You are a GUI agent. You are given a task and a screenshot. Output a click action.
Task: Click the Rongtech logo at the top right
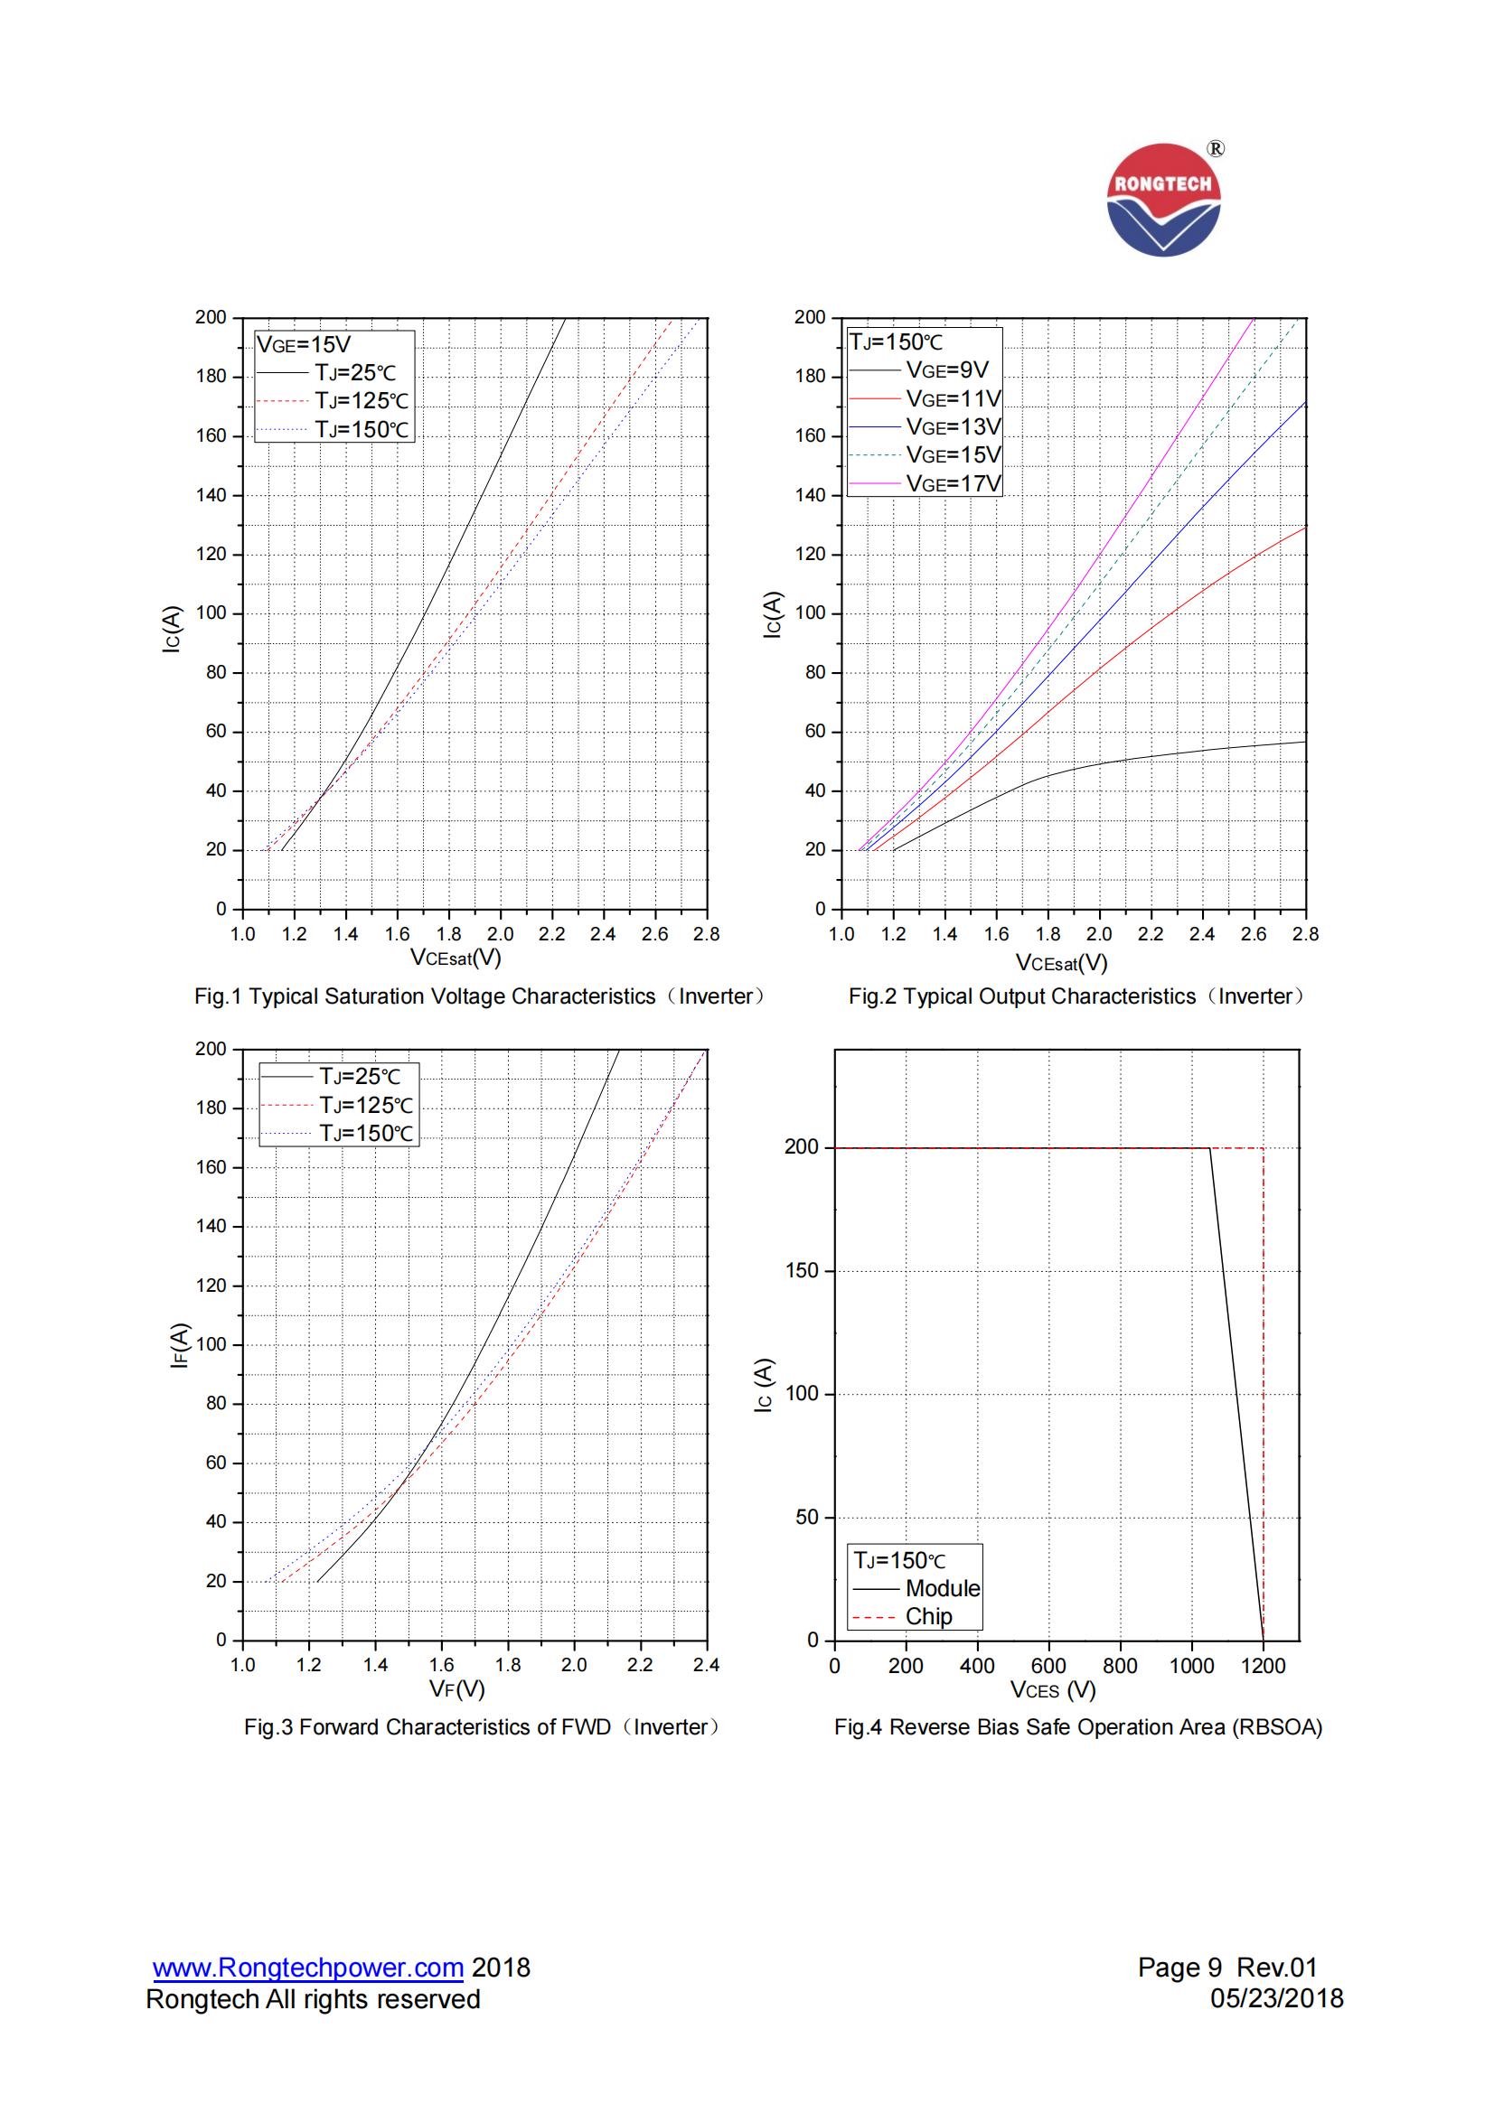tap(1163, 200)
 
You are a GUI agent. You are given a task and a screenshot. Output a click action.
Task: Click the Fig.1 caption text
tap(479, 996)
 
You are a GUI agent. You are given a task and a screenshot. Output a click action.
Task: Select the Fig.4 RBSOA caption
tap(1078, 1727)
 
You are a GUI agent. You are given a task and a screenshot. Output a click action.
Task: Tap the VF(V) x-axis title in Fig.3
tap(456, 1688)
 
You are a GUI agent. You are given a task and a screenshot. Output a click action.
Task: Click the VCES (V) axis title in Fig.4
tap(1053, 1689)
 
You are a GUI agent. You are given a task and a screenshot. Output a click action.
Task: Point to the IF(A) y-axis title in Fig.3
tap(180, 1344)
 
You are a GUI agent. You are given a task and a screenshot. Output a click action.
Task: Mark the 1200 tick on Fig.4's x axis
tap(1263, 1666)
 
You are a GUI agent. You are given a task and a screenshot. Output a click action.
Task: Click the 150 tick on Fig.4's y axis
tap(801, 1271)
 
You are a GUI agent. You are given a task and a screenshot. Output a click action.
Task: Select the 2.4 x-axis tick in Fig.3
tap(706, 1665)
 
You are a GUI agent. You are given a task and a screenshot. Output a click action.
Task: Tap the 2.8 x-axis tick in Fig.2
tap(1305, 934)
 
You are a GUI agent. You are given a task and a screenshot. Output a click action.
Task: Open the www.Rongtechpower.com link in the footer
tap(308, 1968)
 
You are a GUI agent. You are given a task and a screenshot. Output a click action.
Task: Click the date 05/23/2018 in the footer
tap(1277, 1998)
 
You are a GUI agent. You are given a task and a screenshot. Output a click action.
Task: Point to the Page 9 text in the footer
tap(1179, 1968)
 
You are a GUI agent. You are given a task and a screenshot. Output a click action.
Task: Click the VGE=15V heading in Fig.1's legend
tap(304, 345)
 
